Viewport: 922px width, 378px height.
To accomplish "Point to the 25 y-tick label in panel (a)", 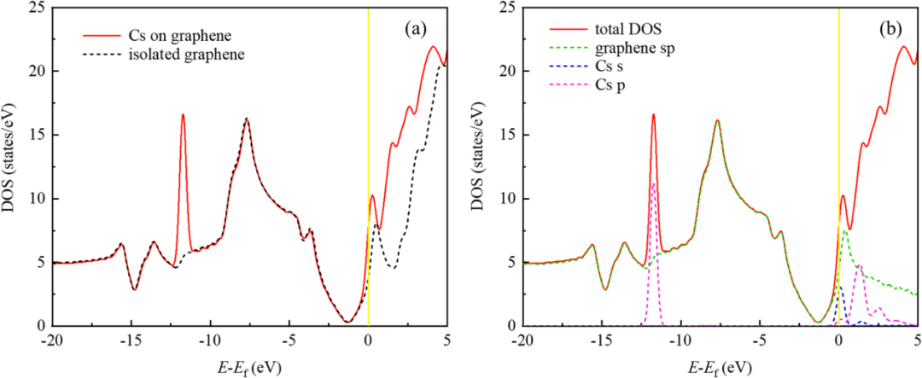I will [x=34, y=8].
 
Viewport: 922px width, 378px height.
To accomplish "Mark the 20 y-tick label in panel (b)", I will [x=505, y=72].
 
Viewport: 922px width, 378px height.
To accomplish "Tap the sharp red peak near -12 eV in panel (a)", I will [x=183, y=115].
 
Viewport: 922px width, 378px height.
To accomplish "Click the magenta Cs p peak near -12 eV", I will [x=653, y=183].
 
